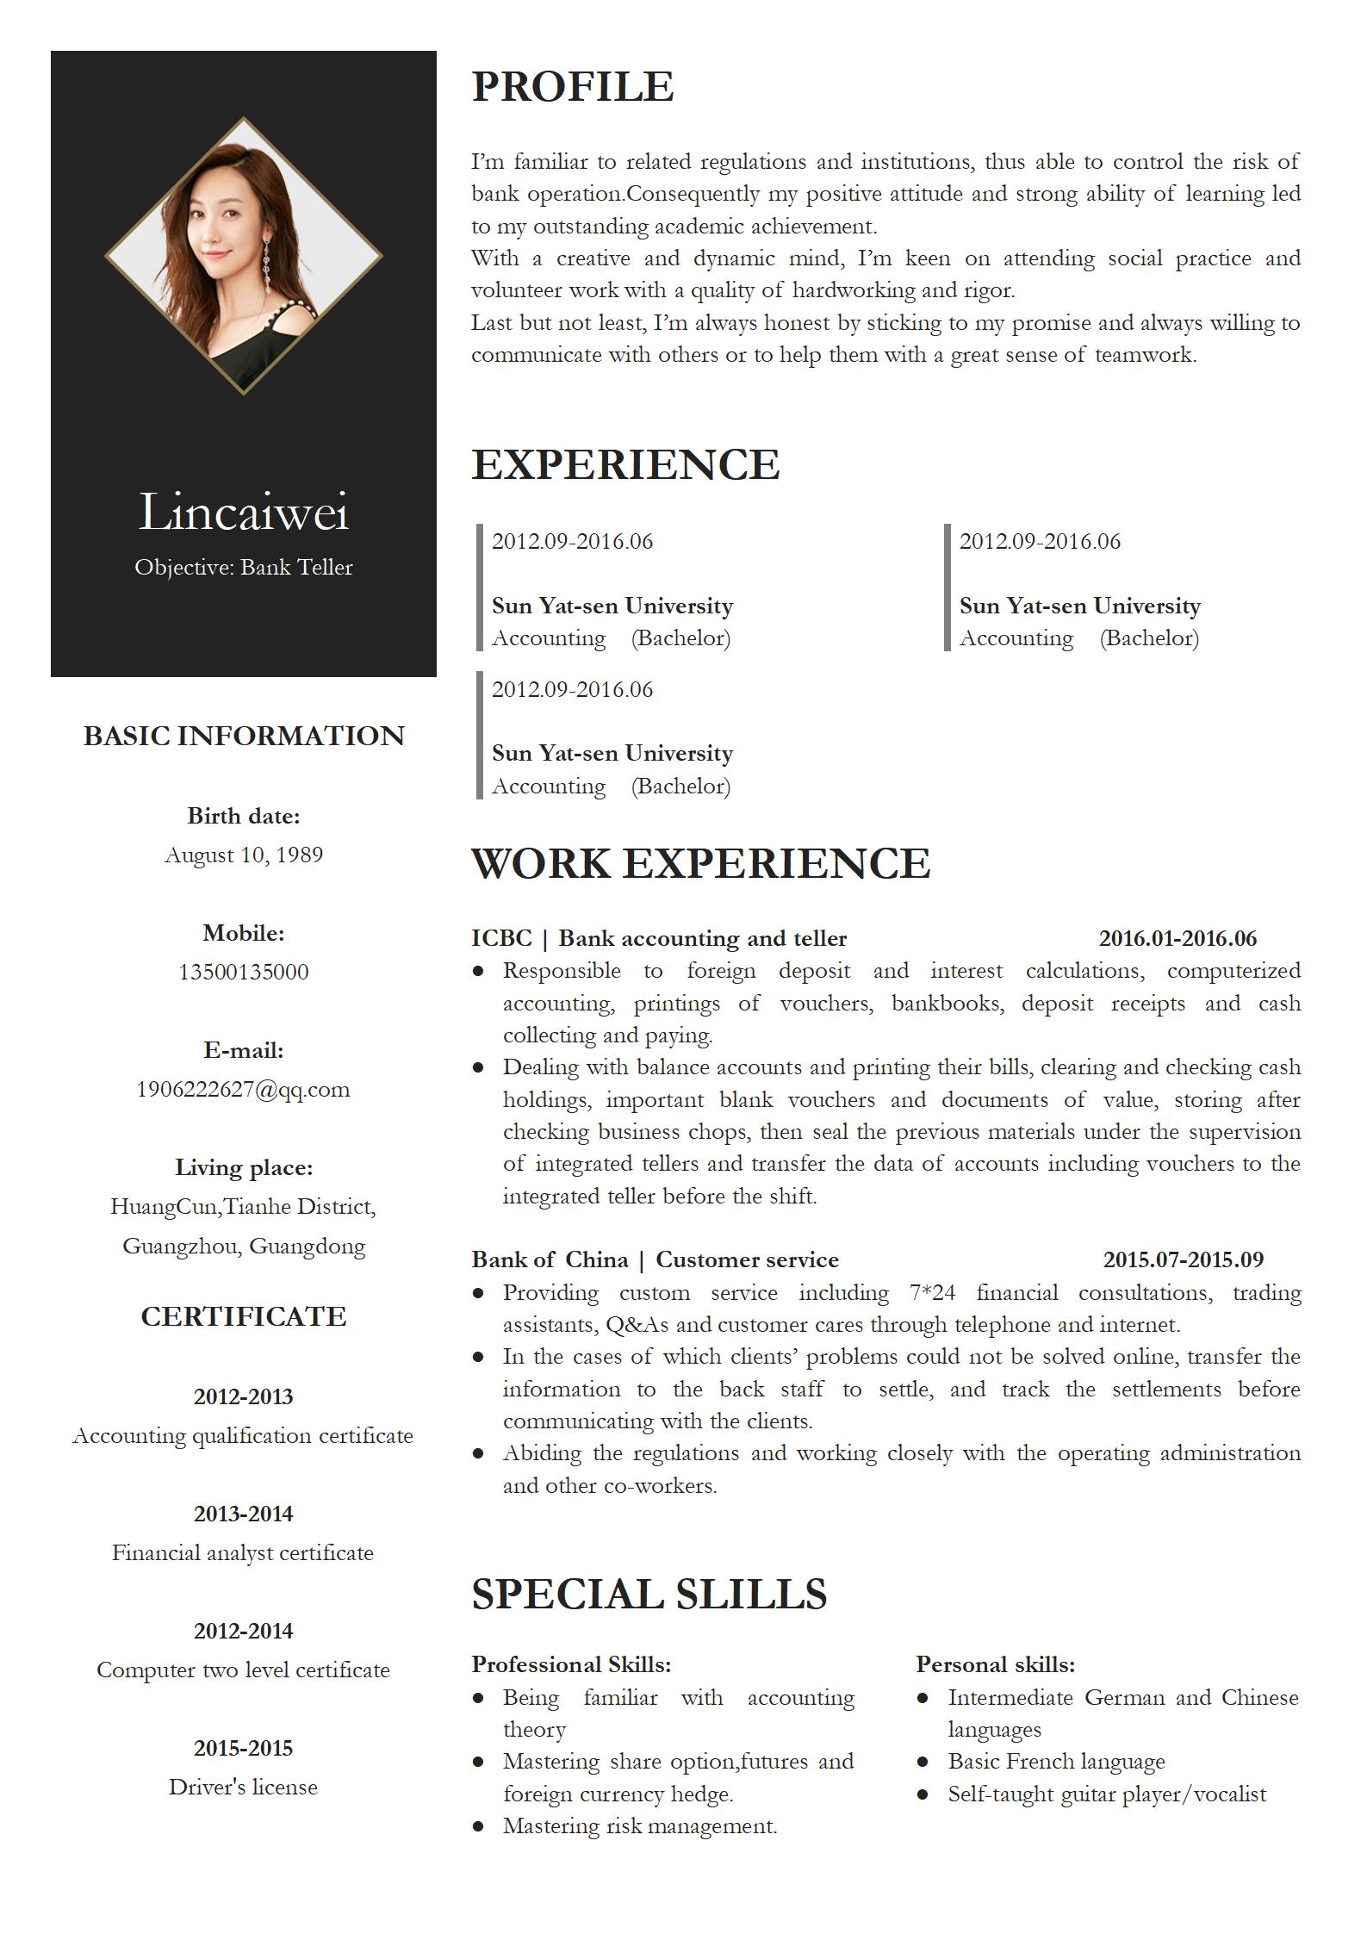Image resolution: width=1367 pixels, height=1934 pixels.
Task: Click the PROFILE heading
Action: [572, 86]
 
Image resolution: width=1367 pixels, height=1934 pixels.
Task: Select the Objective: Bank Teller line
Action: [244, 567]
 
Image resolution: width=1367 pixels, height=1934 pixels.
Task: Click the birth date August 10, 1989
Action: [244, 855]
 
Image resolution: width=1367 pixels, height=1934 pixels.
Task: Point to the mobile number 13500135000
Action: [244, 972]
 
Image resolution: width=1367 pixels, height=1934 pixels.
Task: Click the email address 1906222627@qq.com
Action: [244, 1089]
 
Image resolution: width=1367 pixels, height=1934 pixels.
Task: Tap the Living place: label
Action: [244, 1167]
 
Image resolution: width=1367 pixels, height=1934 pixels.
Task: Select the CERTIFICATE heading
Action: [244, 1316]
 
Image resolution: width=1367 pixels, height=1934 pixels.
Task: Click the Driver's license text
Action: [244, 1787]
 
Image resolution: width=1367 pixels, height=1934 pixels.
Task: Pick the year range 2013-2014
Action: [244, 1514]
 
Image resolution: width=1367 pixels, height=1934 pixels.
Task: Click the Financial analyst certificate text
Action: [244, 1552]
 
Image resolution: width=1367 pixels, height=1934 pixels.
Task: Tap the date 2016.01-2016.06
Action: [1177, 938]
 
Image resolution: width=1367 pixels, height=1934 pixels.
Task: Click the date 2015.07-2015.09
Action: [1183, 1259]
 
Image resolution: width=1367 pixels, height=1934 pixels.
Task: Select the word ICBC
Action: [501, 938]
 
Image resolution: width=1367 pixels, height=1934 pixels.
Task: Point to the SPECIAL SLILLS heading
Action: [649, 1594]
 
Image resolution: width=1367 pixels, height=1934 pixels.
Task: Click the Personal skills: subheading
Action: [995, 1664]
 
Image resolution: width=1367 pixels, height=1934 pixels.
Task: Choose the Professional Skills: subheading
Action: [571, 1664]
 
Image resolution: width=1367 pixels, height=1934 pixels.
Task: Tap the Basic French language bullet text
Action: [1056, 1761]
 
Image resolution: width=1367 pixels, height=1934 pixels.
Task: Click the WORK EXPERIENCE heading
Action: [700, 863]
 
